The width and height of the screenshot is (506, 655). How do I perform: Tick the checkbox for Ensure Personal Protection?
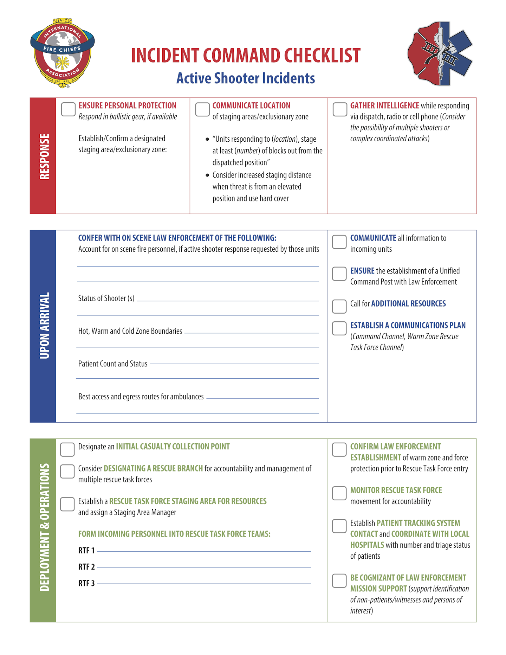click(x=68, y=109)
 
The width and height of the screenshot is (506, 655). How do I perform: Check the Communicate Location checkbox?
click(x=202, y=109)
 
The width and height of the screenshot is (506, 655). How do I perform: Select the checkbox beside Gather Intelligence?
click(x=340, y=109)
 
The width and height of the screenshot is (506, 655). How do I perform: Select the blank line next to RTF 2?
click(x=204, y=566)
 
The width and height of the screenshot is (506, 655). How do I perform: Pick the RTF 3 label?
click(x=86, y=583)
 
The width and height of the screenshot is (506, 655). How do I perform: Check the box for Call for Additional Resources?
click(x=339, y=306)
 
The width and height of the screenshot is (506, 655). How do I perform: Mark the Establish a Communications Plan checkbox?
click(x=339, y=328)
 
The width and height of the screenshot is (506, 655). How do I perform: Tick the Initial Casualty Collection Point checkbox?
click(x=67, y=449)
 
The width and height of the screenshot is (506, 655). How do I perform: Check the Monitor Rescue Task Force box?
click(x=339, y=493)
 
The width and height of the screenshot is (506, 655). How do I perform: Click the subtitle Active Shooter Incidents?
click(x=246, y=78)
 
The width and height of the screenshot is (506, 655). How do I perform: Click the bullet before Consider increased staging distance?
click(x=207, y=175)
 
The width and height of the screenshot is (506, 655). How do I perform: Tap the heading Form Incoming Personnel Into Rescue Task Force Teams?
click(x=174, y=534)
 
